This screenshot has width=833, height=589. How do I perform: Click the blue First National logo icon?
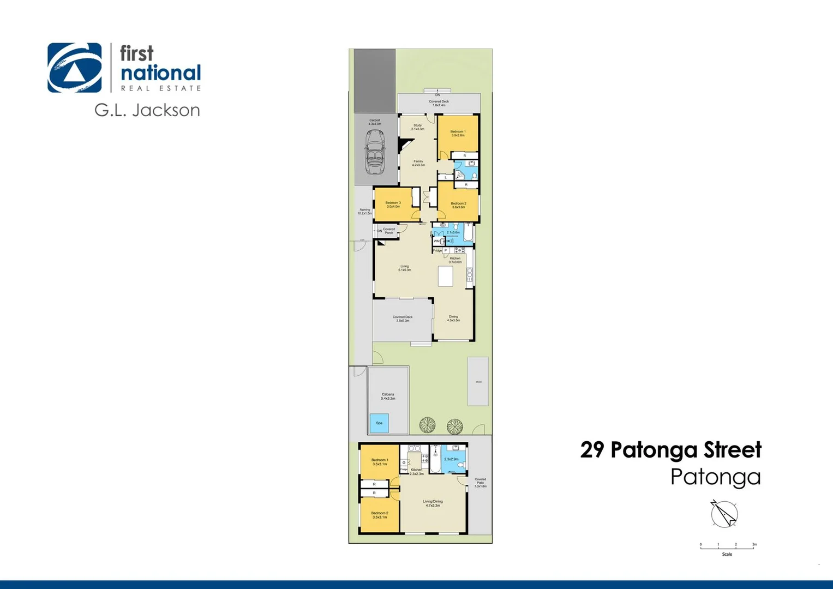tap(75, 68)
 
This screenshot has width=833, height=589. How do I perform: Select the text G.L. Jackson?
tap(147, 110)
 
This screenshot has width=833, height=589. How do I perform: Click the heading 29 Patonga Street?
tap(670, 450)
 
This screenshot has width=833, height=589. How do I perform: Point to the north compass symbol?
tap(724, 513)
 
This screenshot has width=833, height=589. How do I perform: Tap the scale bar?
tap(728, 545)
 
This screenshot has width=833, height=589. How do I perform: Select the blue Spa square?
tap(379, 423)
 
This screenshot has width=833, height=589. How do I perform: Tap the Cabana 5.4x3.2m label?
tap(388, 396)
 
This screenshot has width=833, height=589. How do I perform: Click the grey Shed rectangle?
tap(478, 381)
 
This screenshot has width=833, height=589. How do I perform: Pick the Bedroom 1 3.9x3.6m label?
tap(458, 133)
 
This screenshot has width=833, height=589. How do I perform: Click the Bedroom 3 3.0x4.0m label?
tap(393, 205)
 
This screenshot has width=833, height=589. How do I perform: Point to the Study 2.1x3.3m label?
tap(417, 127)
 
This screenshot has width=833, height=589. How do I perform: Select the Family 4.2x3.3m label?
tap(418, 163)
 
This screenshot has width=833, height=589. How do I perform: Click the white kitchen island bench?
tap(446, 276)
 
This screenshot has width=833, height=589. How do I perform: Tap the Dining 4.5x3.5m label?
tap(453, 318)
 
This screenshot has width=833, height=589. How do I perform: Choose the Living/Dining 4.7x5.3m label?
tap(433, 503)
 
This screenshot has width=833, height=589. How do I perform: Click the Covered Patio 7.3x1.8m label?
tap(480, 483)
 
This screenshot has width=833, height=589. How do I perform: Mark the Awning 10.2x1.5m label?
tap(364, 211)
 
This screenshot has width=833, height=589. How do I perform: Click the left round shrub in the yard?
tap(427, 425)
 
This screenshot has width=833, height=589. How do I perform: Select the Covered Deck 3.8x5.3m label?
tap(403, 318)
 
